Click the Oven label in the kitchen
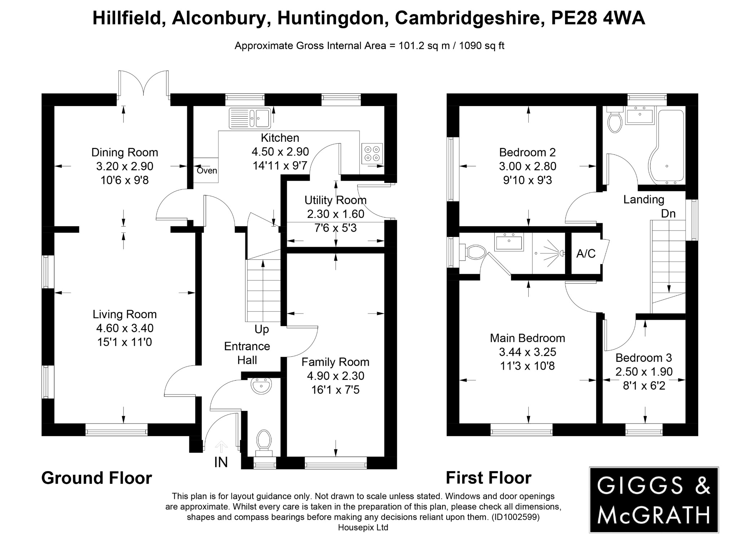point(207,170)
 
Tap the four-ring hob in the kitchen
point(372,153)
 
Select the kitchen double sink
point(250,118)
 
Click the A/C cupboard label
point(586,254)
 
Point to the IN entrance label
point(221,462)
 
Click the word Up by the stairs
point(262,329)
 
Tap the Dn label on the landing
point(668,214)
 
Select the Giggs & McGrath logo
point(653,500)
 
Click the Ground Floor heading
point(97,478)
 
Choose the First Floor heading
point(489,478)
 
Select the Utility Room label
point(335,200)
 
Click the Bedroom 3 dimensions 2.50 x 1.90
point(644,372)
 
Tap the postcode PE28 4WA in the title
point(598,18)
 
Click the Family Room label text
point(335,362)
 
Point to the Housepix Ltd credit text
point(363,527)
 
